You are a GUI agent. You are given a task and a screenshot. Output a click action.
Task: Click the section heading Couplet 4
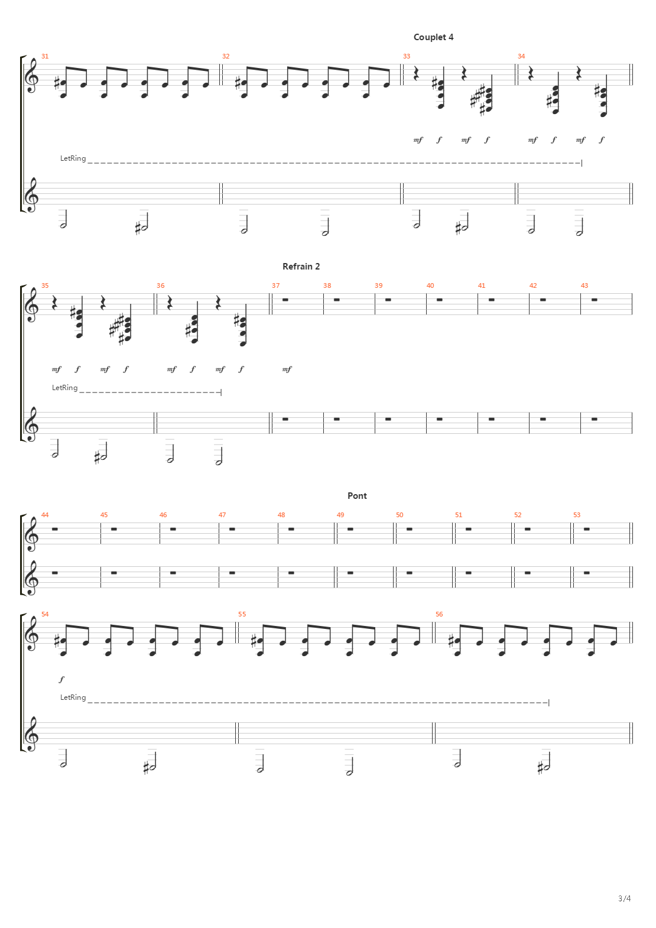[433, 37]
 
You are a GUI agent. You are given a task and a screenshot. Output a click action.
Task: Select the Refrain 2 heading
[301, 267]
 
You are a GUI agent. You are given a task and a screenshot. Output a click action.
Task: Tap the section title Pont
[357, 496]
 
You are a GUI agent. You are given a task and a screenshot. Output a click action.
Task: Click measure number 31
[45, 56]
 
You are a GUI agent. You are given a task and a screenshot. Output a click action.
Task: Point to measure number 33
[407, 56]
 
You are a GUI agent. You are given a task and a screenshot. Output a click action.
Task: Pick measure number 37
[276, 285]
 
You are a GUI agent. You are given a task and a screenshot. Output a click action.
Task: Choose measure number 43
[584, 285]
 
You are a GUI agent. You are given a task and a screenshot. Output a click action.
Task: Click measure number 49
[340, 515]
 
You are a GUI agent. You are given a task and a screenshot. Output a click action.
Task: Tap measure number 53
[577, 515]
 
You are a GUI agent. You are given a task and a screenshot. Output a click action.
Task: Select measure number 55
[242, 614]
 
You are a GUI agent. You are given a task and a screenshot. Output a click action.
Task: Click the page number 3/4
[625, 898]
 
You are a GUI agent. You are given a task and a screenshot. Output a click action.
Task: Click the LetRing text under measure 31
[73, 158]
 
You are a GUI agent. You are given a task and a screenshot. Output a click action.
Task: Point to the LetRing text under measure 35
[64, 388]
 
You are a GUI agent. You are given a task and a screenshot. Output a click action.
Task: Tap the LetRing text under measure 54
[73, 697]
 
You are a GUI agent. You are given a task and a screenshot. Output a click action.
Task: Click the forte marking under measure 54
[61, 679]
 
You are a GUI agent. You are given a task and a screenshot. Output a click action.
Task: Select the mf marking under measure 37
[287, 369]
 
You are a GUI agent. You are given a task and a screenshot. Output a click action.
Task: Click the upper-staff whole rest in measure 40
[440, 300]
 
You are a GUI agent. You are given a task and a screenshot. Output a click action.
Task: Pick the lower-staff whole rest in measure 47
[232, 573]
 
